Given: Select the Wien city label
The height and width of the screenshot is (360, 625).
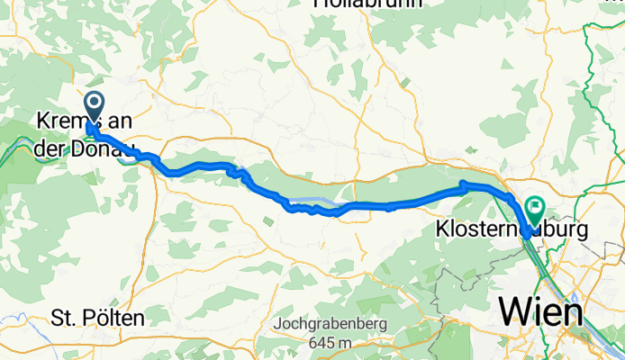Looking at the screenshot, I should (x=539, y=311).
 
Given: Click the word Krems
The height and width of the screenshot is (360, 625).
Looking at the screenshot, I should (x=64, y=121).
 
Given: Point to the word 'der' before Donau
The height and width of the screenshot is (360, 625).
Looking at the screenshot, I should (x=50, y=149).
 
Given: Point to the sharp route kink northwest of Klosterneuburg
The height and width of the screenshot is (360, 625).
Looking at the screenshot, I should (x=463, y=185).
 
